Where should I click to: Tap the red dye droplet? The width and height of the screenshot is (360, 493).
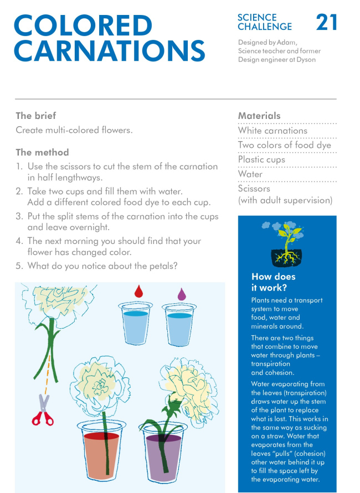pyautogui.click(x=138, y=292)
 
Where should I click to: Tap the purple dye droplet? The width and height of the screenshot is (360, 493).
pyautogui.click(x=181, y=294)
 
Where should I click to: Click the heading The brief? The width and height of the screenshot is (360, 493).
pyautogui.click(x=36, y=116)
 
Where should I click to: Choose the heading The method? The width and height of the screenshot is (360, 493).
pyautogui.click(x=42, y=152)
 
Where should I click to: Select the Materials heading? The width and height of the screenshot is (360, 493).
pyautogui.click(x=259, y=116)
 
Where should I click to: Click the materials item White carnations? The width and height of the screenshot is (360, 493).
pyautogui.click(x=272, y=131)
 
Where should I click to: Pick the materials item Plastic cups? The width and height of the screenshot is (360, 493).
pyautogui.click(x=261, y=159)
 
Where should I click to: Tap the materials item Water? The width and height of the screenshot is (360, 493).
pyautogui.click(x=250, y=174)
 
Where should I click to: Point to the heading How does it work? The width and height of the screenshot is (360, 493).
pyautogui.click(x=274, y=282)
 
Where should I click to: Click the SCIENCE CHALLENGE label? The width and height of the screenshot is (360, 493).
pyautogui.click(x=265, y=22)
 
